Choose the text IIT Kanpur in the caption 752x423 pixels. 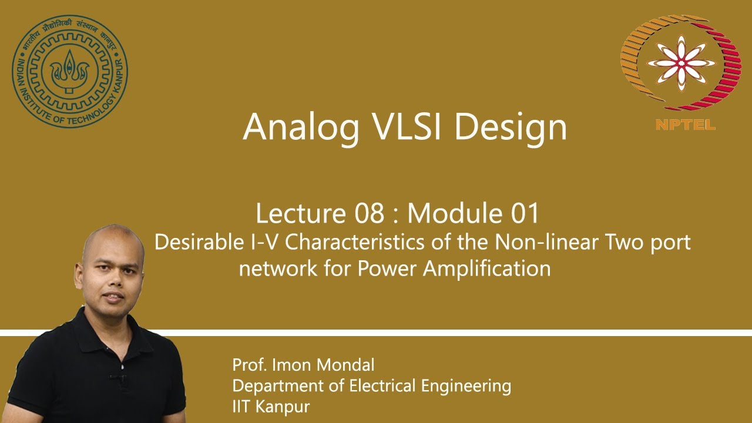point(271,406)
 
